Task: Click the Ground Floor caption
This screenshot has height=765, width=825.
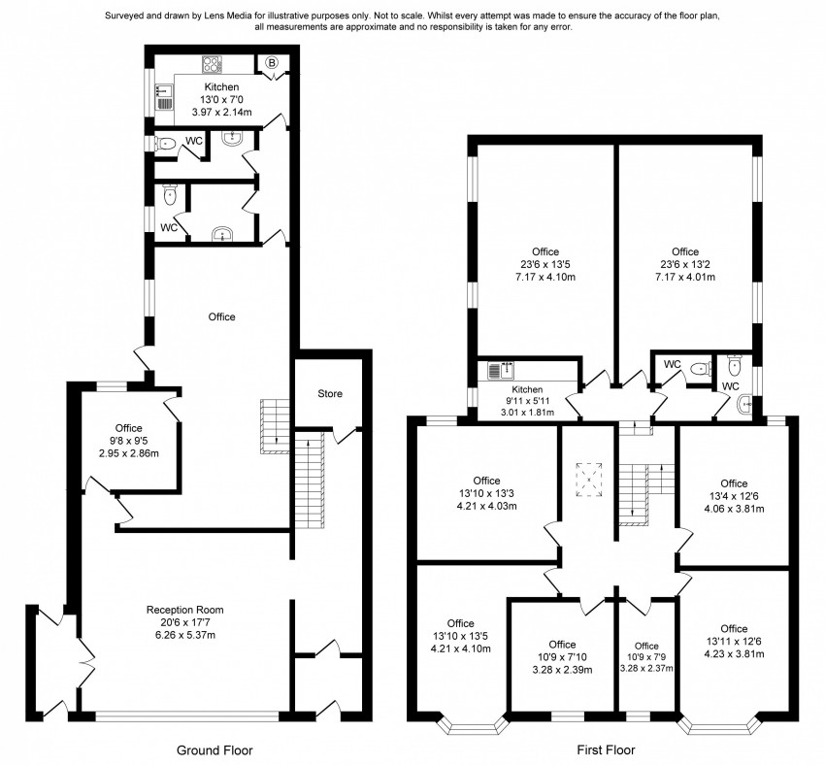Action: coord(214,749)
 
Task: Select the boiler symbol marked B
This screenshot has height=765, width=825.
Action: coord(271,64)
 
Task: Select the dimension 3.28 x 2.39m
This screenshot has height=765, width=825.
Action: coord(562,669)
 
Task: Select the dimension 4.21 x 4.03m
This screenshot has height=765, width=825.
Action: coord(486,505)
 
